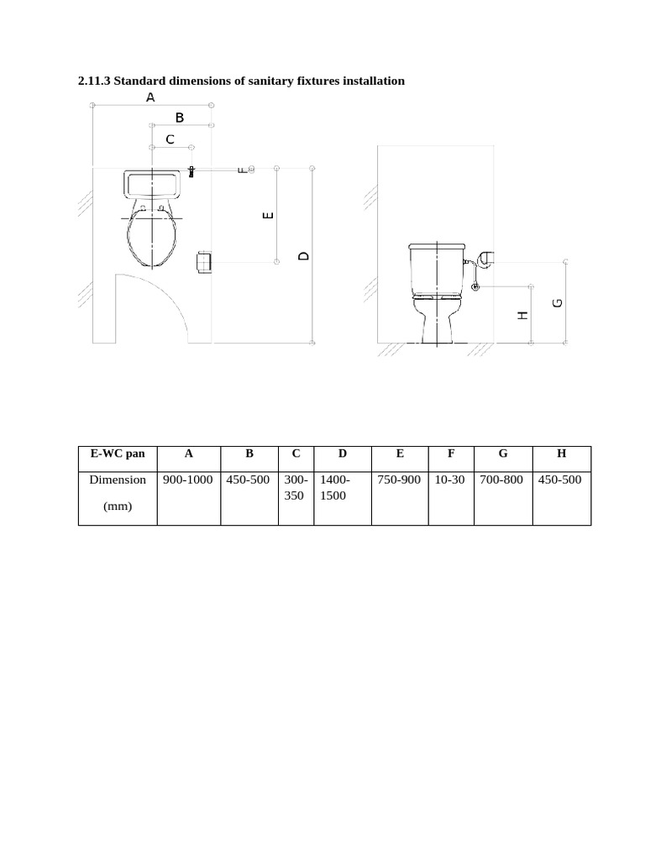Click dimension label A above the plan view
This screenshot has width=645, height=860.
pyautogui.click(x=150, y=97)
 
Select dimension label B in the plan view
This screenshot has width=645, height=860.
pyautogui.click(x=180, y=118)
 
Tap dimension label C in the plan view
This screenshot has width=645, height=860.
pyautogui.click(x=170, y=140)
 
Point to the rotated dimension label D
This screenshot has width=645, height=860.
pyautogui.click(x=303, y=255)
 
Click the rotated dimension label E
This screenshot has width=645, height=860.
pyautogui.click(x=268, y=215)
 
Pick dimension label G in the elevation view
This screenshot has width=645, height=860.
pyautogui.click(x=558, y=302)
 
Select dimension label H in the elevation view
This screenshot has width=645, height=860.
pyautogui.click(x=522, y=316)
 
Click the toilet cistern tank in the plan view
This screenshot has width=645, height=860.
pyautogui.click(x=152, y=184)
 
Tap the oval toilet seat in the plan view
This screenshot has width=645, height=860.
pyautogui.click(x=152, y=233)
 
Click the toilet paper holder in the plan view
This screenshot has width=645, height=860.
pyautogui.click(x=204, y=262)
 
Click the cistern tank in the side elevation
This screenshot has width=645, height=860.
pyautogui.click(x=437, y=269)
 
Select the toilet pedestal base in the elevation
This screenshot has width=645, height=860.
pyautogui.click(x=437, y=322)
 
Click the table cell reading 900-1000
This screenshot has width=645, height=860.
pyautogui.click(x=188, y=480)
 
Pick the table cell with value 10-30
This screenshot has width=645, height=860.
pyautogui.click(x=450, y=480)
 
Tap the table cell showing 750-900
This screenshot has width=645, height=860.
pyautogui.click(x=399, y=480)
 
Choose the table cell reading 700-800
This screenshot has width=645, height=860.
pyautogui.click(x=501, y=480)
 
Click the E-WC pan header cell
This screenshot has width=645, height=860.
pyautogui.click(x=118, y=454)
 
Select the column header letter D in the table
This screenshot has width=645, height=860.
pyautogui.click(x=343, y=454)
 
